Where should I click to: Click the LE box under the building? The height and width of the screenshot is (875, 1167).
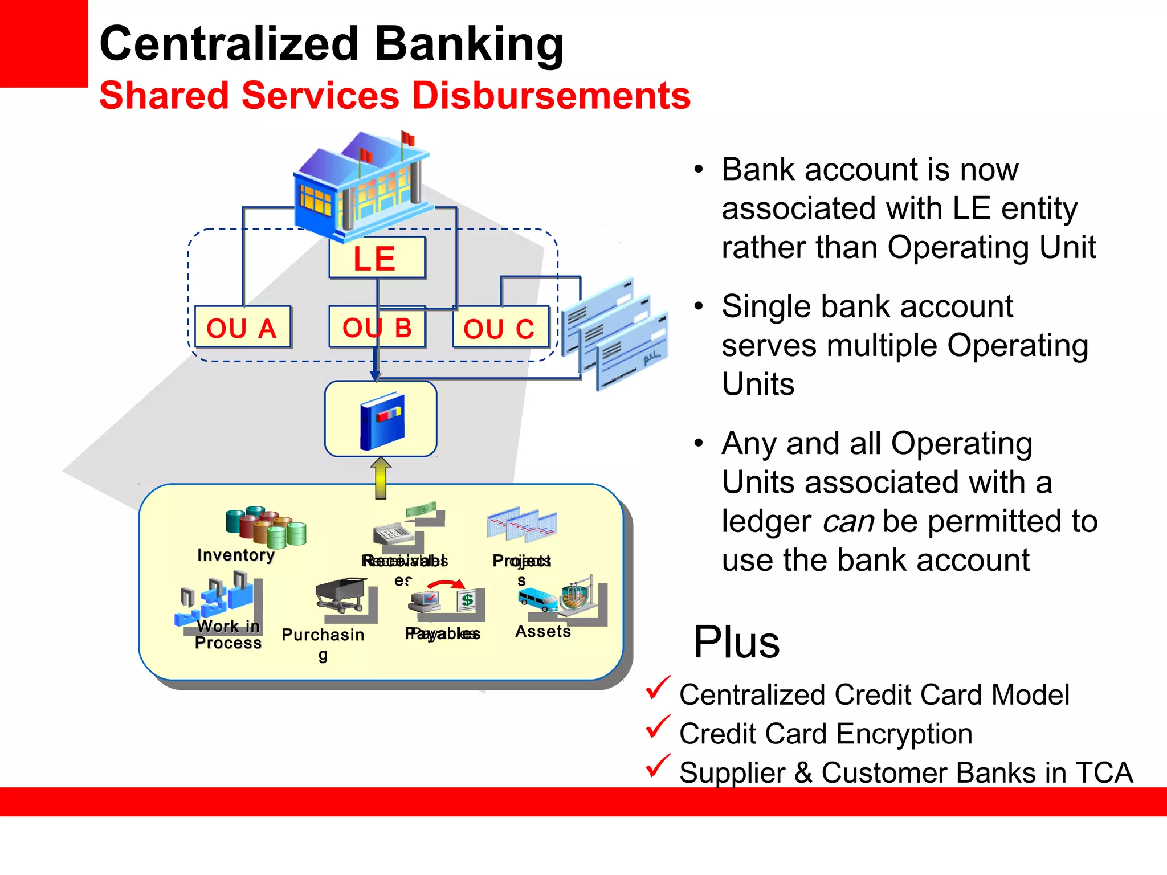tap(377, 258)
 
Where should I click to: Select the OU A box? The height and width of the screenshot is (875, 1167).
tap(242, 328)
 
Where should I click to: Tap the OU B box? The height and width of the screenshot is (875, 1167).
tap(377, 328)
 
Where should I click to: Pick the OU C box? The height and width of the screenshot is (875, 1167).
tap(500, 328)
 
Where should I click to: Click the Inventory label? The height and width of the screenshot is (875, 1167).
tap(236, 555)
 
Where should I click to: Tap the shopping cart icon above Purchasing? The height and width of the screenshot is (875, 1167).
tap(342, 595)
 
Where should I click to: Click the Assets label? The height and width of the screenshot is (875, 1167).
tap(542, 631)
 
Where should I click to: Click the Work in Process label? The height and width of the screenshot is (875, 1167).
tap(228, 635)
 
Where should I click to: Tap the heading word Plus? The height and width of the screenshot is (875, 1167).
tap(736, 642)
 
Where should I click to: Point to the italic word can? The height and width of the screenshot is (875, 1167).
tap(848, 521)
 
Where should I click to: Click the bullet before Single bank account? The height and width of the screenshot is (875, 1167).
tap(699, 307)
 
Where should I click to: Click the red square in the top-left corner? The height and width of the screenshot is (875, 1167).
tap(43, 43)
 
